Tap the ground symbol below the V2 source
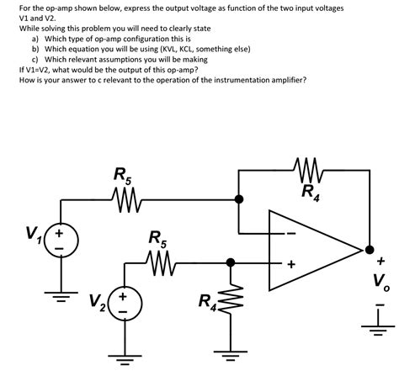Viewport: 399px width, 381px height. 122,357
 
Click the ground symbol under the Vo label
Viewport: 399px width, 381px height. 382,318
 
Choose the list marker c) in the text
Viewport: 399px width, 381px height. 35,60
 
